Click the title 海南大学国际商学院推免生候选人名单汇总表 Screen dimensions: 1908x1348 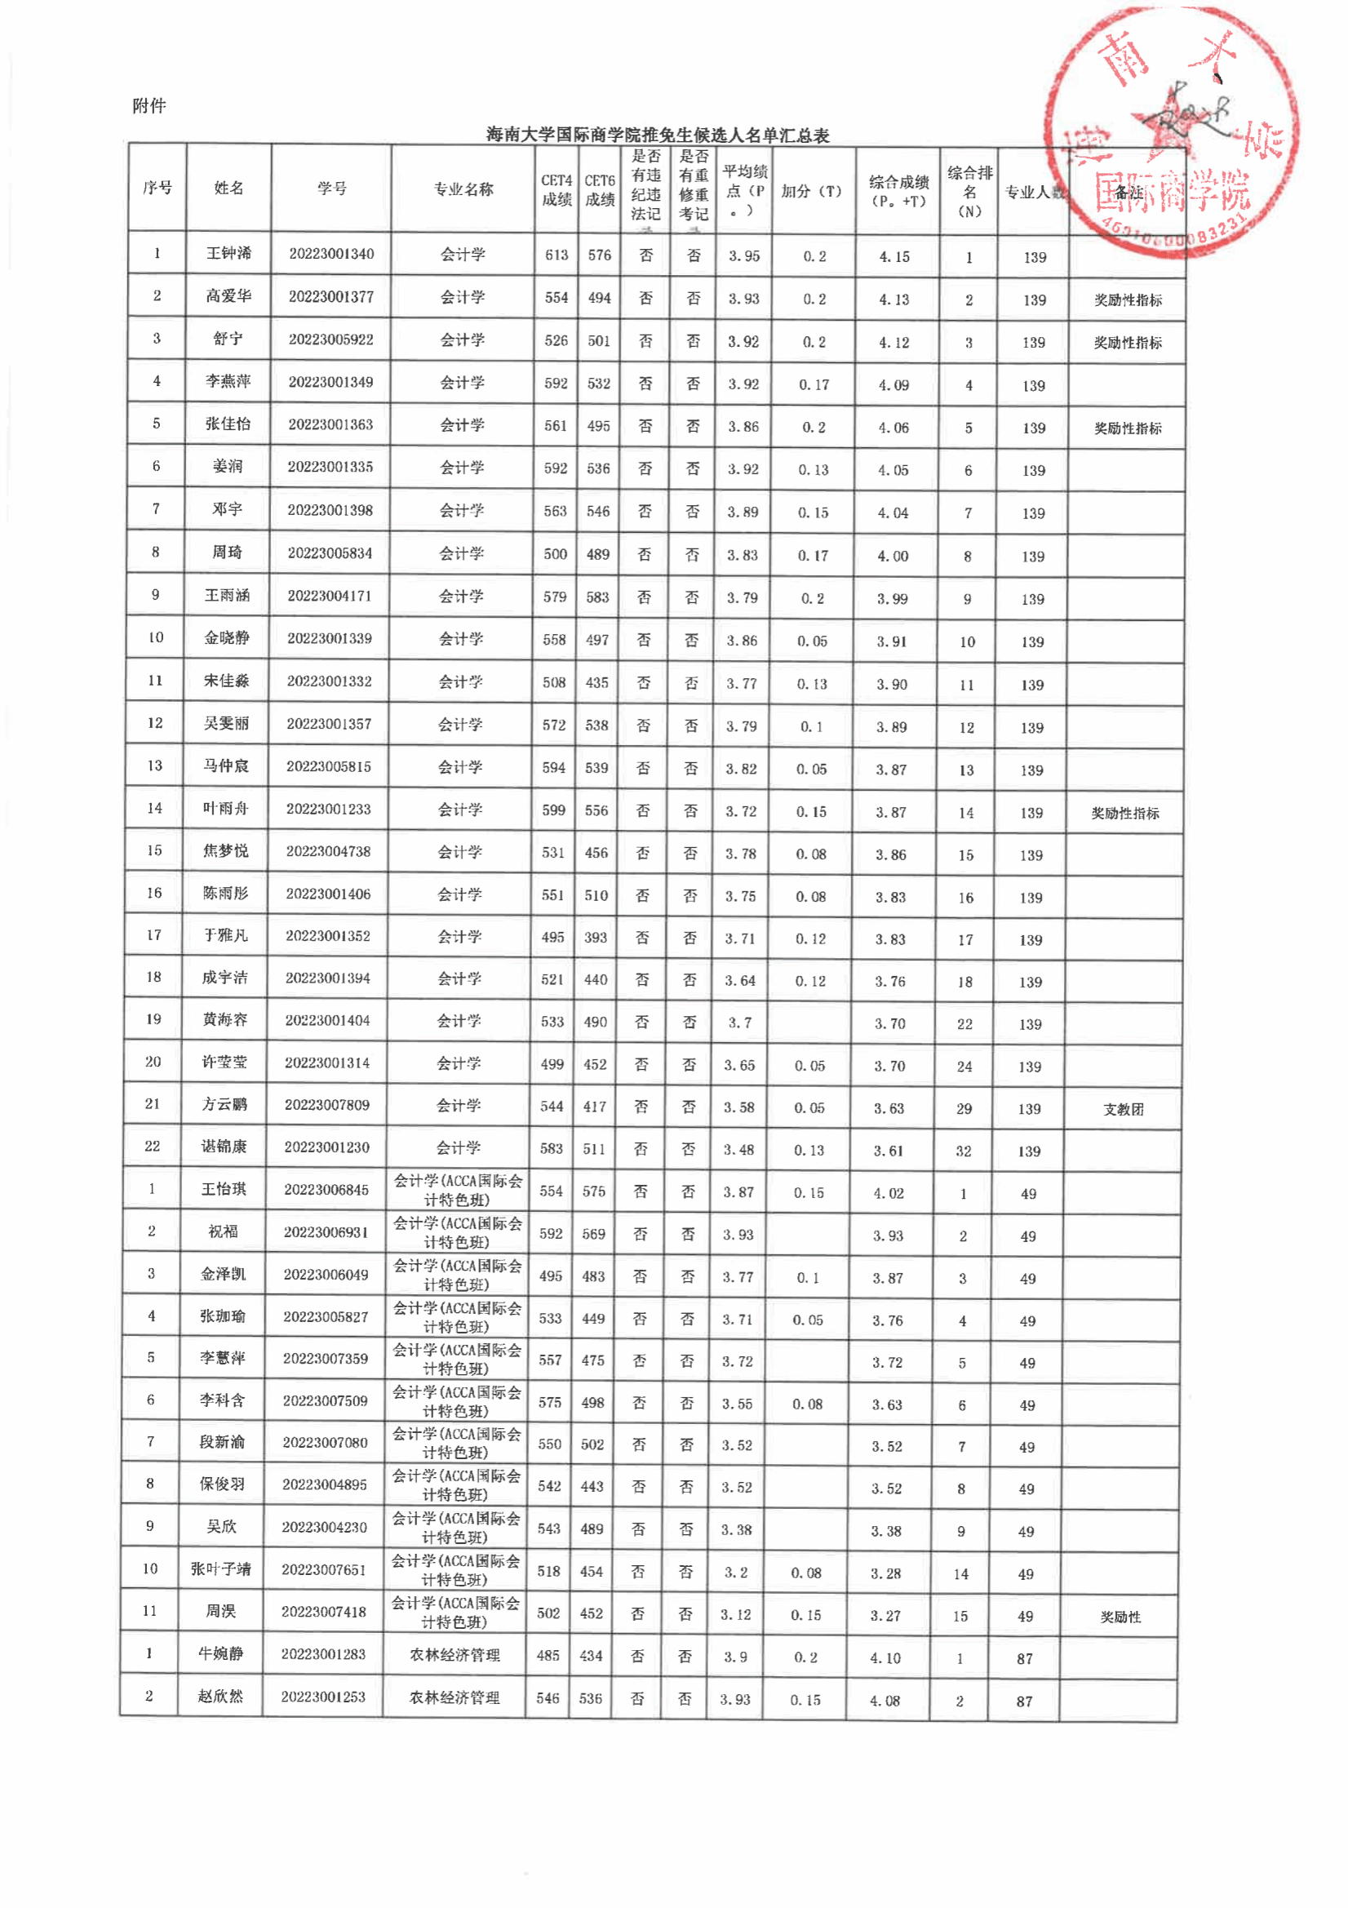click(x=658, y=135)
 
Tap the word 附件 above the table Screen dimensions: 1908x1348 click(x=149, y=105)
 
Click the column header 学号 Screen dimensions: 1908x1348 click(x=331, y=189)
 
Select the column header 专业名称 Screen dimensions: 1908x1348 click(x=463, y=189)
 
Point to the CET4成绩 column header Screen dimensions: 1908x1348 click(x=556, y=190)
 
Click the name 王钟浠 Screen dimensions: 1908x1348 click(x=228, y=254)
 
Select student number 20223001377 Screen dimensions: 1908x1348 click(x=330, y=297)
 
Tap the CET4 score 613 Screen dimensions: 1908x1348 click(x=556, y=255)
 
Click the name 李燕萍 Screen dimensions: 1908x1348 click(x=228, y=381)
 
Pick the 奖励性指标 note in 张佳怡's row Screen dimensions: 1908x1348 click(x=1127, y=428)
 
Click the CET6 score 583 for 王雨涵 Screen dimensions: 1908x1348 click(x=597, y=597)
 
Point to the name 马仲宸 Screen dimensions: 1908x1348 click(x=226, y=766)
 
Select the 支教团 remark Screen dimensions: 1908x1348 click(x=1123, y=1109)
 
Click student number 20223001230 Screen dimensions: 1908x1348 click(x=326, y=1147)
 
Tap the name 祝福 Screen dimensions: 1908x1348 click(x=223, y=1231)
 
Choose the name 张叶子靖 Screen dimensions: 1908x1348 click(x=220, y=1569)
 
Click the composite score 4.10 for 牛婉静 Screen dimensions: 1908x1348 click(x=885, y=1657)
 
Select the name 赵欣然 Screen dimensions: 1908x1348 click(x=220, y=1696)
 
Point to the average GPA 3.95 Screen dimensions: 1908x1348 click(x=744, y=256)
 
